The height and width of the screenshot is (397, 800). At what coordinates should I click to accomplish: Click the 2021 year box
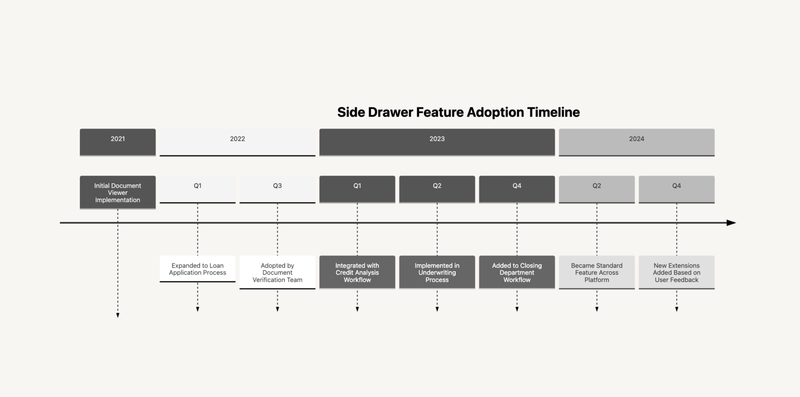point(117,142)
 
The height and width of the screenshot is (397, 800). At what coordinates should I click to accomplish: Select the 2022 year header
point(237,142)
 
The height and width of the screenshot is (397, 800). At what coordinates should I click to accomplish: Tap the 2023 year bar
point(437,142)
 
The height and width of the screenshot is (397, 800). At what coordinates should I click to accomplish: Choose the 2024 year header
point(637,142)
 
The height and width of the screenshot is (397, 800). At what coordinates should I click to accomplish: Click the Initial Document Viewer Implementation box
point(117,192)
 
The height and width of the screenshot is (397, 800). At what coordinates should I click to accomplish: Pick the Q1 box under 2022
point(197,189)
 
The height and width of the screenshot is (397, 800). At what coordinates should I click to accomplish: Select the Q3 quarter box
point(277,189)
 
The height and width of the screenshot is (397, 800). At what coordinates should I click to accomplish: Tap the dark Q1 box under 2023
point(357,189)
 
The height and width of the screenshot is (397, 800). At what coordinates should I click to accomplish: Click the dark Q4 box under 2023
point(517,189)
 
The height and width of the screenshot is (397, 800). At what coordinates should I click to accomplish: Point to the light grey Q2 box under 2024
point(597,189)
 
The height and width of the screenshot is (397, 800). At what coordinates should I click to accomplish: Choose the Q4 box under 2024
point(677,189)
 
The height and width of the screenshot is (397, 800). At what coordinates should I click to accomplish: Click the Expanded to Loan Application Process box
point(197,269)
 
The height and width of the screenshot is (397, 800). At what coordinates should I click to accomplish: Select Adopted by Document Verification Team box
point(277,272)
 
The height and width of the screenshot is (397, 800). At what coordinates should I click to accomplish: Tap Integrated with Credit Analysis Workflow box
point(357,272)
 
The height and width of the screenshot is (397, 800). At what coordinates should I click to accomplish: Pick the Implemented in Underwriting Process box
point(437,272)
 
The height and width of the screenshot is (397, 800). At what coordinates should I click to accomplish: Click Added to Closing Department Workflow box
point(517,272)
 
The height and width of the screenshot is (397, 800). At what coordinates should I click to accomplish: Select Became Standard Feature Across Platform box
point(597,272)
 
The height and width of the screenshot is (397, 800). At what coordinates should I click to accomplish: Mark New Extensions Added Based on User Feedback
point(677,272)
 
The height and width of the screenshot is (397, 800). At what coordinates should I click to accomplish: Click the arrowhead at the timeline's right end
point(731,223)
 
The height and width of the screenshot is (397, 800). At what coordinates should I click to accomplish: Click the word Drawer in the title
point(390,112)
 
